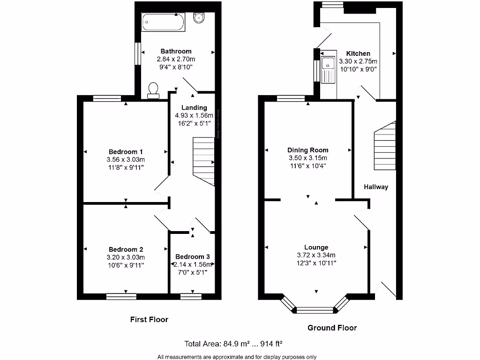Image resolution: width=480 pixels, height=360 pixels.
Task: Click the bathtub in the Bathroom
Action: click(x=164, y=22)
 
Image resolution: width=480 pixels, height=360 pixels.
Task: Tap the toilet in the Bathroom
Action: click(x=153, y=90)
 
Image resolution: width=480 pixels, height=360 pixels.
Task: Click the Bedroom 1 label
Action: click(x=126, y=152)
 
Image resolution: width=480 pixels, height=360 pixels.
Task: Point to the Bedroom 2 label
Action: click(x=126, y=249)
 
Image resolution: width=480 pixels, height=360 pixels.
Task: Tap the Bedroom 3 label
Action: click(x=192, y=256)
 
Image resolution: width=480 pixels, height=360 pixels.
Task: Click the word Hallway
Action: click(x=376, y=187)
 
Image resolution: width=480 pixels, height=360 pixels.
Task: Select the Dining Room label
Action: click(x=308, y=150)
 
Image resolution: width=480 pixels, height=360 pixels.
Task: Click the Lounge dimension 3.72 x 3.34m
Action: click(x=316, y=255)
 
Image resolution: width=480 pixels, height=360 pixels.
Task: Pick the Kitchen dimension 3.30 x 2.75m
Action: click(x=358, y=61)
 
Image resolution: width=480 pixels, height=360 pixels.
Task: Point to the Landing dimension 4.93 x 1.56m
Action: click(x=194, y=115)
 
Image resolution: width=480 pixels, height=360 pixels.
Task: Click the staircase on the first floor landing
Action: click(x=203, y=162)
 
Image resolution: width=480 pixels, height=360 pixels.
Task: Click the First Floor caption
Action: click(x=149, y=319)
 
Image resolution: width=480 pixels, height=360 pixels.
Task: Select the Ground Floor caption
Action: click(x=332, y=328)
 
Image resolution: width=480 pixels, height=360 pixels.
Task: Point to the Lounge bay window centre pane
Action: click(x=315, y=309)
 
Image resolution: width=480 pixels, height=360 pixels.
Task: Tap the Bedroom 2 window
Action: click(x=121, y=296)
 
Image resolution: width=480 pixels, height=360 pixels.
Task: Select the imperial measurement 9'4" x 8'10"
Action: click(x=175, y=67)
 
